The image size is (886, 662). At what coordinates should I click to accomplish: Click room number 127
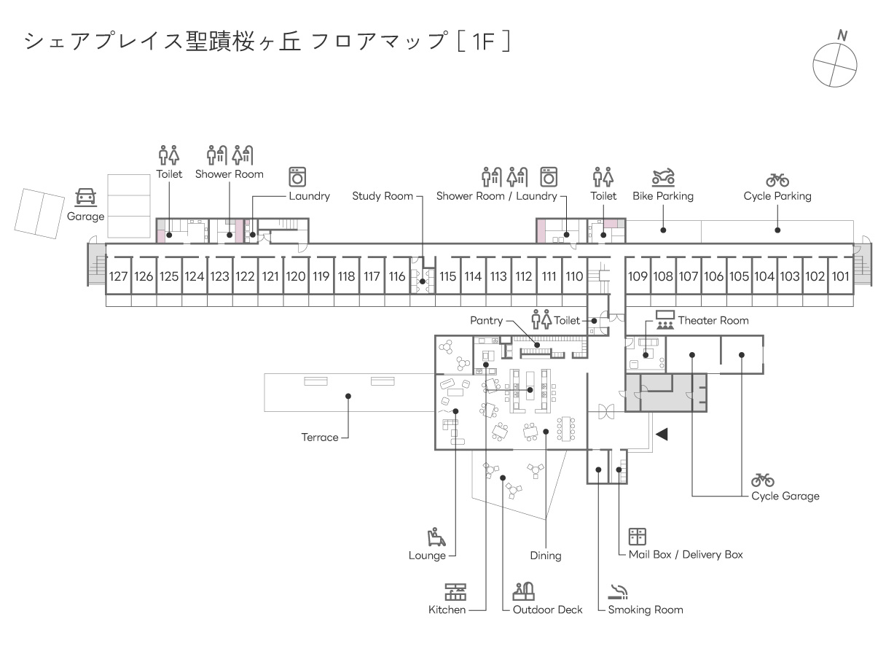[118, 276]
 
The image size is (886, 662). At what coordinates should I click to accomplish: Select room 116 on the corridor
[397, 276]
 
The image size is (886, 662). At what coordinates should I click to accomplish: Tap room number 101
[840, 276]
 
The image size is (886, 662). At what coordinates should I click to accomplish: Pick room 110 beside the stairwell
[574, 276]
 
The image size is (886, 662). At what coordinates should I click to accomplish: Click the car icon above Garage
[85, 197]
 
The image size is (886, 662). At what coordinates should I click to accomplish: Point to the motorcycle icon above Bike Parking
[663, 177]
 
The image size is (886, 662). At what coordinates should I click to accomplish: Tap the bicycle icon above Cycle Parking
[777, 180]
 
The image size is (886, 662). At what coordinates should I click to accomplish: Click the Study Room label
[383, 196]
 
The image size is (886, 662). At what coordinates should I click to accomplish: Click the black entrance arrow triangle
[662, 435]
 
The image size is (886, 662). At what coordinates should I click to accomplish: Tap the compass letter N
[842, 36]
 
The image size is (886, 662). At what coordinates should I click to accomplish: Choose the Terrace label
[320, 437]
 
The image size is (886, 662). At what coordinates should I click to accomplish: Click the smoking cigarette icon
[619, 592]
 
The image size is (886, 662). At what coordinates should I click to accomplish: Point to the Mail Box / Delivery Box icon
[638, 537]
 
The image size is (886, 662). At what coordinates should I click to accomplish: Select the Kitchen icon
[455, 592]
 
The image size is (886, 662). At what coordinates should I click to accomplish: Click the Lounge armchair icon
[436, 537]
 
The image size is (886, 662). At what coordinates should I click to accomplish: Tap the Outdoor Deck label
[547, 610]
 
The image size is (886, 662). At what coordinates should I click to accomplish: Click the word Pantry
[487, 321]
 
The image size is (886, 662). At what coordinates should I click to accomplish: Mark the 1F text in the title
[484, 42]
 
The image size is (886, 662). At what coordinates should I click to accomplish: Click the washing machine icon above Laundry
[297, 177]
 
